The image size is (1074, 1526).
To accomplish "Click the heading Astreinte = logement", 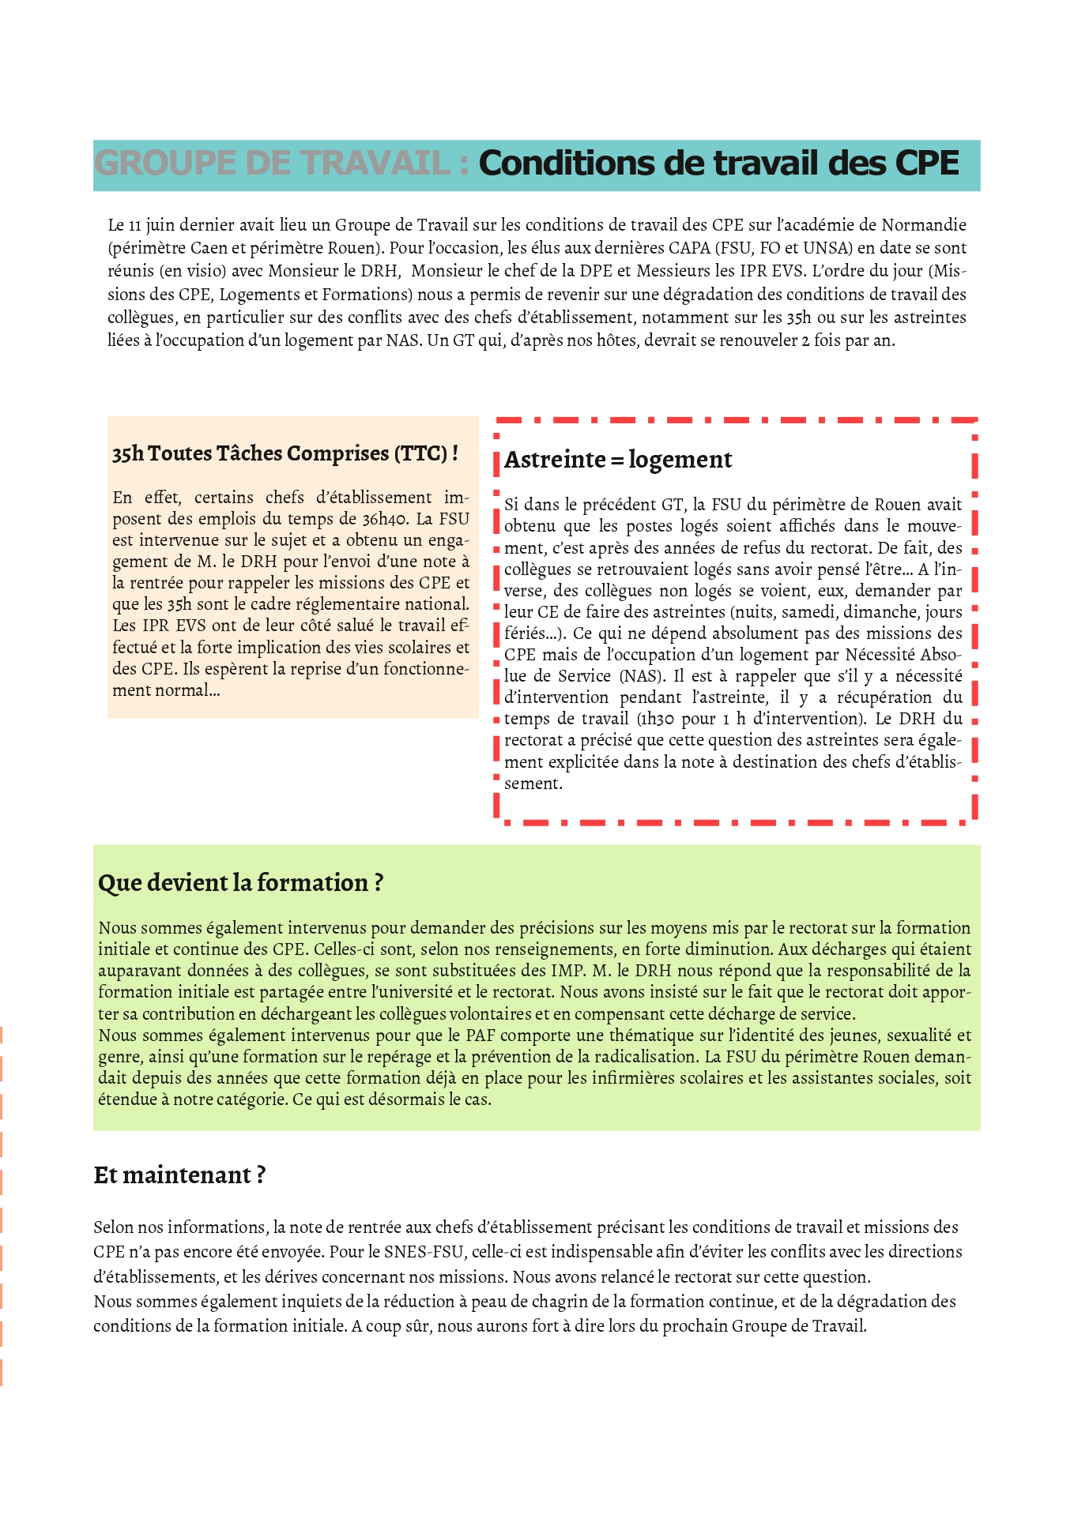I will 618,460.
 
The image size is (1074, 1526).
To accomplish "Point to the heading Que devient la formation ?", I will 240,882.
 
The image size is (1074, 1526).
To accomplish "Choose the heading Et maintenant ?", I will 179,1175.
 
